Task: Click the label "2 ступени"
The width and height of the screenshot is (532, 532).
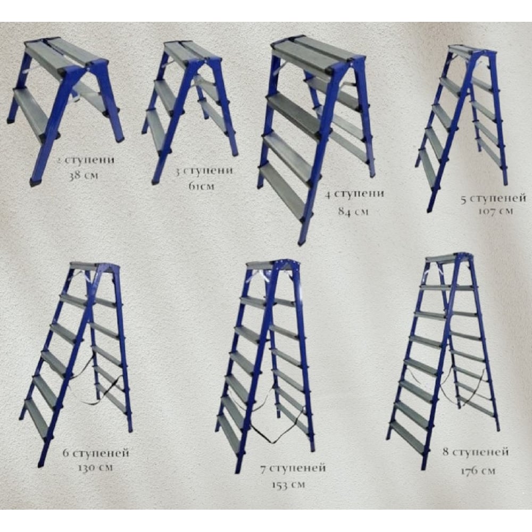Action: pos(86,160)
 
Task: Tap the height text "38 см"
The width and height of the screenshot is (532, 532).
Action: pos(83,176)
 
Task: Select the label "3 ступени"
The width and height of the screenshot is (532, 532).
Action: pos(204,170)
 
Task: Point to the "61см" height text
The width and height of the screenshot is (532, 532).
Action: pos(202,186)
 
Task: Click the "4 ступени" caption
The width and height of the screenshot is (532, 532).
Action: pos(354,194)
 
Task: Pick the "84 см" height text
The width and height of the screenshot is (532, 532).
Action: pos(353,211)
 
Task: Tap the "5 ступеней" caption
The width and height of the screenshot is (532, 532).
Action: pos(494,198)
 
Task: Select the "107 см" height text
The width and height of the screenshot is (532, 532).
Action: pos(496,211)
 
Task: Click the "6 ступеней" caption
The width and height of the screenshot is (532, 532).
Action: pos(96,453)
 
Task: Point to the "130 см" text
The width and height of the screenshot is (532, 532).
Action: pos(95,468)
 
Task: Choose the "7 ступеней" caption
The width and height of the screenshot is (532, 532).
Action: pos(293,468)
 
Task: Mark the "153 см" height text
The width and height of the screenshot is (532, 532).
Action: pos(288,485)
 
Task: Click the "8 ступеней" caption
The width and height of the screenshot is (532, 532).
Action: pos(476,452)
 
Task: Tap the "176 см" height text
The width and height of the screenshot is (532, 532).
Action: pos(478,471)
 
